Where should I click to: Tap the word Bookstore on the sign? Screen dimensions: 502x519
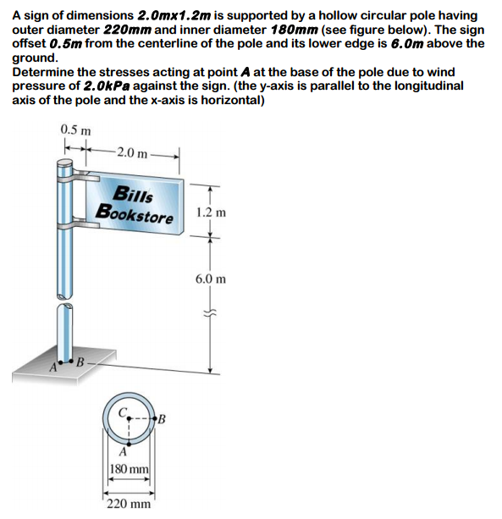pos(135,213)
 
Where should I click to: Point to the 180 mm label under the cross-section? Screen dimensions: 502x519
pos(130,470)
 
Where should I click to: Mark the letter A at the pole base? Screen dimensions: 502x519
pos(52,367)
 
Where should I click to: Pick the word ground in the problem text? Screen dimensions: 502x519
pos(34,58)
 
